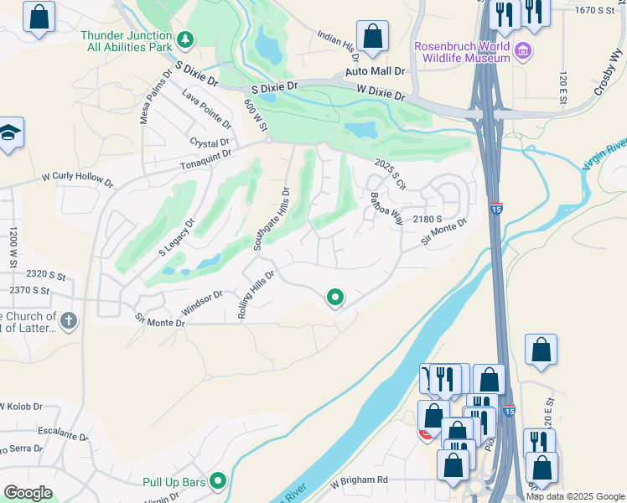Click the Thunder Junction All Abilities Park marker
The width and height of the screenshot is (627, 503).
click(186, 39)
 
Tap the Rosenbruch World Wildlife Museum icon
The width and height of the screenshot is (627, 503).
click(524, 52)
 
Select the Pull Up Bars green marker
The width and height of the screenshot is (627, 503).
click(218, 481)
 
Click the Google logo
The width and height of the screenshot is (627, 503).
click(28, 493)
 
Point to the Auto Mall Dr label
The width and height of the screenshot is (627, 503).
click(375, 73)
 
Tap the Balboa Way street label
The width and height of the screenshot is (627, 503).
click(387, 208)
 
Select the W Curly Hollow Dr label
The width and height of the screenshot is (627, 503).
click(77, 179)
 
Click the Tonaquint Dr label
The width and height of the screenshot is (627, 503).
click(205, 161)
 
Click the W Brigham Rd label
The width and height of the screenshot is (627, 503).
click(359, 480)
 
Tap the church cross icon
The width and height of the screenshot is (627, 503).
click(69, 319)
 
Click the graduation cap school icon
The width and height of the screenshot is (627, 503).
click(9, 133)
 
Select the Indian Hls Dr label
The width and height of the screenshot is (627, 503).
click(339, 46)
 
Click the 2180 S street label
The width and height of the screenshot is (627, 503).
click(427, 219)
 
